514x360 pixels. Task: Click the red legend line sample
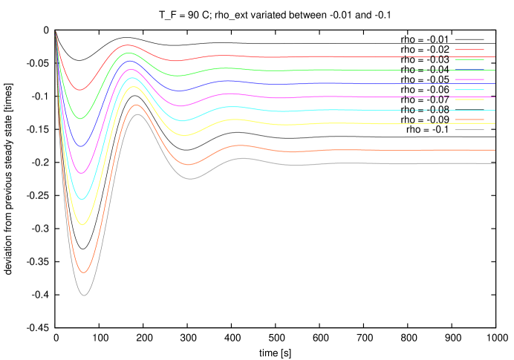click(469, 50)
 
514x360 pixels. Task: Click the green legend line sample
click(469, 59)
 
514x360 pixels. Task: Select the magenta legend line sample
click(469, 79)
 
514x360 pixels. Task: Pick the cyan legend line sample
click(469, 90)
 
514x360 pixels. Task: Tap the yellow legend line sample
click(469, 99)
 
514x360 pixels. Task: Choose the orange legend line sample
click(469, 120)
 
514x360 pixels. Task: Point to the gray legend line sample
click(469, 130)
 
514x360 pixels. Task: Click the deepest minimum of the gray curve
click(84, 295)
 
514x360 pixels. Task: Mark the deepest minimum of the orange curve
click(84, 272)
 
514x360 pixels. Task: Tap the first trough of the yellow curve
click(83, 224)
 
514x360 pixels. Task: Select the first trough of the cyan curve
click(83, 199)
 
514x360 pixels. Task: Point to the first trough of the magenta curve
click(83, 172)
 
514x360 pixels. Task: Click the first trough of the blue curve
click(82, 145)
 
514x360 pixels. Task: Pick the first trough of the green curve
click(82, 118)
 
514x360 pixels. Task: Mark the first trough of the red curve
click(81, 90)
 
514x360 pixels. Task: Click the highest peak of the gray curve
click(137, 114)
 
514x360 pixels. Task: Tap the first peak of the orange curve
click(136, 105)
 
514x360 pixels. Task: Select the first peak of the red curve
click(127, 45)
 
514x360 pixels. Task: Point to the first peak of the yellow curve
click(133, 87)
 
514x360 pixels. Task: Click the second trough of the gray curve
click(190, 179)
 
